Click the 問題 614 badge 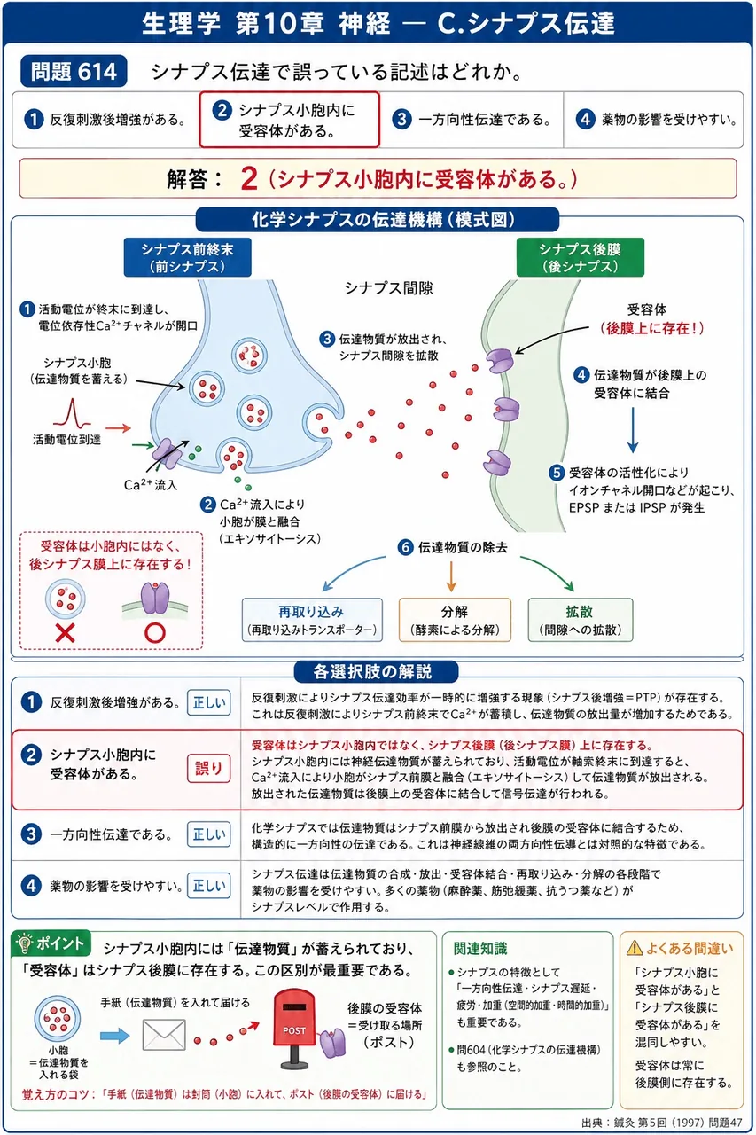click(74, 72)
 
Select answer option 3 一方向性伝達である click(472, 120)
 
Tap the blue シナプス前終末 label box click(187, 257)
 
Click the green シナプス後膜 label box click(581, 257)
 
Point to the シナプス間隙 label click(388, 288)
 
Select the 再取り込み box click(312, 620)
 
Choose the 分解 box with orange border click(455, 620)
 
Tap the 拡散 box click(581, 620)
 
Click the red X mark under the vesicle click(66, 633)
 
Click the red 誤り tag click(208, 769)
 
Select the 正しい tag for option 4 click(208, 885)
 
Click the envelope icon click(164, 1035)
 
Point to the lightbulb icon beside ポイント click(23, 943)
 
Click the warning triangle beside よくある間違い click(635, 948)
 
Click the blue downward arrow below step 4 click(633, 430)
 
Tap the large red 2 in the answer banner click(249, 179)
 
